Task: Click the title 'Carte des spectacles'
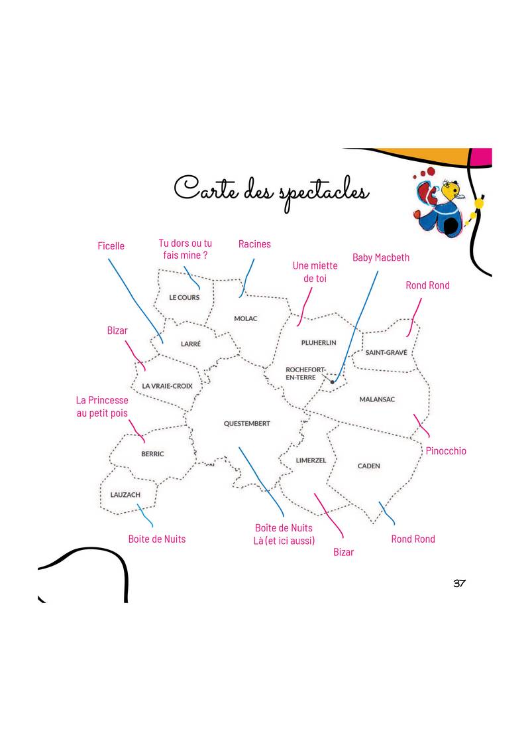pyautogui.click(x=271, y=192)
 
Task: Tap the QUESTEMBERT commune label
pyautogui.click(x=247, y=423)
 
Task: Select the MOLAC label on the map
pyautogui.click(x=245, y=318)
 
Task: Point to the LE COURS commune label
pyautogui.click(x=184, y=297)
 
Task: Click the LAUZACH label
pyautogui.click(x=125, y=495)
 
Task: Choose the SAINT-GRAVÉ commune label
pyautogui.click(x=386, y=352)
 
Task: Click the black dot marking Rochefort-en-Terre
pyautogui.click(x=333, y=381)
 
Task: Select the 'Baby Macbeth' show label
pyautogui.click(x=381, y=257)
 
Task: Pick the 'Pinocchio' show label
pyautogui.click(x=446, y=450)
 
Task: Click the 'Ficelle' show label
pyautogui.click(x=111, y=245)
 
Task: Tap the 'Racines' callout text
pyautogui.click(x=254, y=244)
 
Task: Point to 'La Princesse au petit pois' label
pyautogui.click(x=102, y=407)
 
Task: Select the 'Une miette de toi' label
pyautogui.click(x=315, y=272)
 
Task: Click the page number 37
pyautogui.click(x=459, y=583)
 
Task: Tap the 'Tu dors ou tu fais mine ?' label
pyautogui.click(x=185, y=249)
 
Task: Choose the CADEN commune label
pyautogui.click(x=369, y=466)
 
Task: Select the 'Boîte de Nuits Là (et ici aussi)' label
pyautogui.click(x=284, y=535)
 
